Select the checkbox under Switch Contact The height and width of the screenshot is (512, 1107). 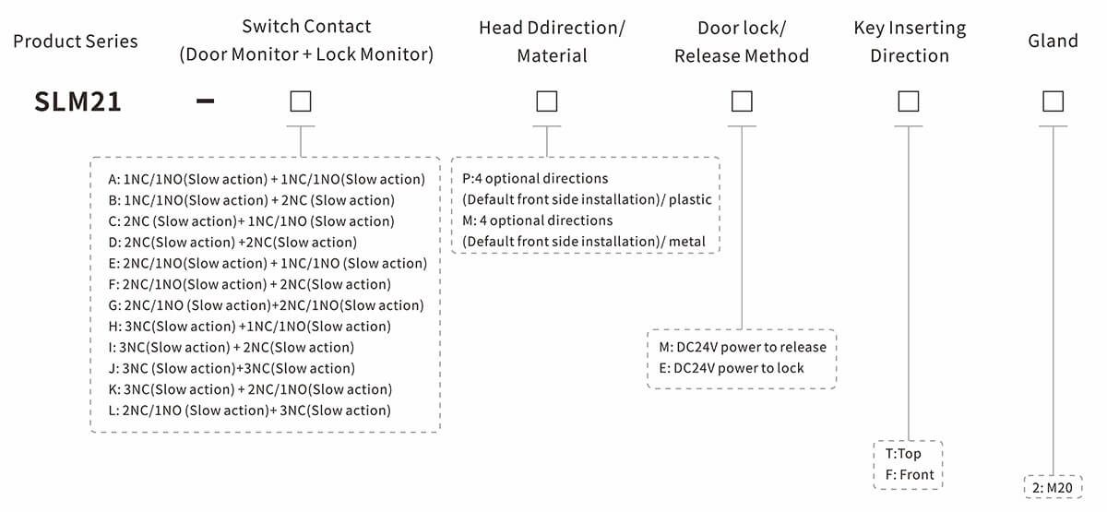click(300, 101)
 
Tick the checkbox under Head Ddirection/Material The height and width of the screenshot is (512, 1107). click(547, 101)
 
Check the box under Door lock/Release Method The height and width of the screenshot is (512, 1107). click(741, 101)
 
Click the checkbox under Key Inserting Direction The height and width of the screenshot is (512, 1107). click(909, 101)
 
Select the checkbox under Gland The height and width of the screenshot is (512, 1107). click(1053, 101)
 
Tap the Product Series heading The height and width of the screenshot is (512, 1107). click(76, 42)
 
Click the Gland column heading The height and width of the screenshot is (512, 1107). click(1053, 41)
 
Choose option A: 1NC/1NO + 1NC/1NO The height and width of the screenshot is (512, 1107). click(267, 179)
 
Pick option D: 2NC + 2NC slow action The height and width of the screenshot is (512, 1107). click(232, 243)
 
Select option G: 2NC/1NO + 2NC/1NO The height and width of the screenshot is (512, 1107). click(266, 305)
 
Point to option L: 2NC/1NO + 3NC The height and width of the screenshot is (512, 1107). click(249, 411)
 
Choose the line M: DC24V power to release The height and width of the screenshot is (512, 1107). click(743, 347)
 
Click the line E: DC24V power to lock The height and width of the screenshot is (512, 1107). click(732, 368)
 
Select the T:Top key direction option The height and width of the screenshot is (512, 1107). click(903, 453)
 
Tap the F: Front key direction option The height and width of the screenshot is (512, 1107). click(909, 474)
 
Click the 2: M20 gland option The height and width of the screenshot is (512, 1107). click(1054, 487)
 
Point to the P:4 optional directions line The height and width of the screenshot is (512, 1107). click(536, 178)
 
